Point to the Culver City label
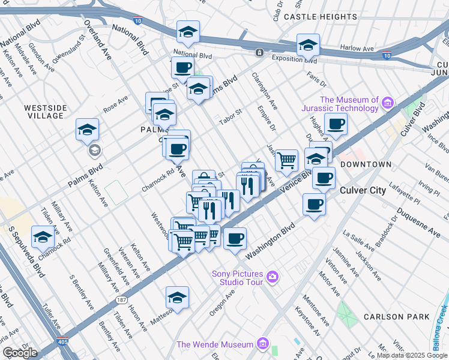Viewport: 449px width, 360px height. [x=363, y=190]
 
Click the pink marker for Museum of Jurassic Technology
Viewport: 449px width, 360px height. [x=388, y=104]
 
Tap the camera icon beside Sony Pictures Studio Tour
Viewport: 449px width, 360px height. [x=273, y=277]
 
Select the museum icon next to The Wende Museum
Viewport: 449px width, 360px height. [x=262, y=344]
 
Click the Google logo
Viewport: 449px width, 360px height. [x=20, y=352]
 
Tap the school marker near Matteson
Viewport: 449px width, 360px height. [x=177, y=298]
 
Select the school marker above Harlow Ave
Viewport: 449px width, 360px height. [x=308, y=44]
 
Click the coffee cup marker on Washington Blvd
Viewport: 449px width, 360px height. [x=235, y=238]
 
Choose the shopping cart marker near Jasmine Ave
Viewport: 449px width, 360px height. [x=286, y=160]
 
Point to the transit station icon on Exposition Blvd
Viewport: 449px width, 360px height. [x=259, y=52]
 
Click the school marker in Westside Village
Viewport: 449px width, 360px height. [x=87, y=129]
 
